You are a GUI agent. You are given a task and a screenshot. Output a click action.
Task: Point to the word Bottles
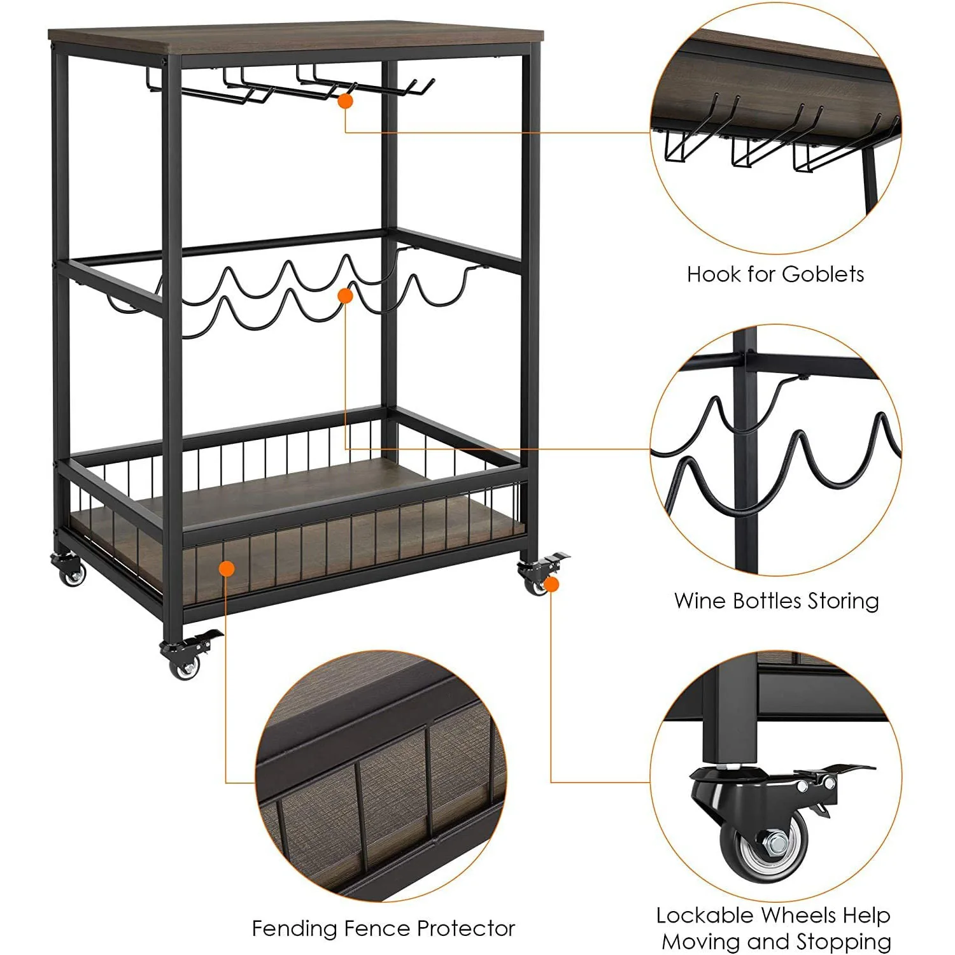click(x=767, y=601)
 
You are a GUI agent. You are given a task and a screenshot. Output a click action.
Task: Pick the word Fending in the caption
click(x=295, y=929)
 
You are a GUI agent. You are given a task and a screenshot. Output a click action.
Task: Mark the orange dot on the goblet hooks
click(x=345, y=101)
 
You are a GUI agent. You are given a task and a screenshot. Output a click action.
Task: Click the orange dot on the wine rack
click(x=345, y=295)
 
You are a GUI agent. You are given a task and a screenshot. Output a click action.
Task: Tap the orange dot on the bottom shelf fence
click(x=227, y=568)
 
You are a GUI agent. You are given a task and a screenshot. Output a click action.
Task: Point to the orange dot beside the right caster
click(x=551, y=584)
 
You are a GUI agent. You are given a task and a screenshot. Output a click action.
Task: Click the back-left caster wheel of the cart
click(x=72, y=576)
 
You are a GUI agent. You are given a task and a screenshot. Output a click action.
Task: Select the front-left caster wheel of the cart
click(x=185, y=667)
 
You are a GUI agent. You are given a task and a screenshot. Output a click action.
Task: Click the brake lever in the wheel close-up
click(x=840, y=771)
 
